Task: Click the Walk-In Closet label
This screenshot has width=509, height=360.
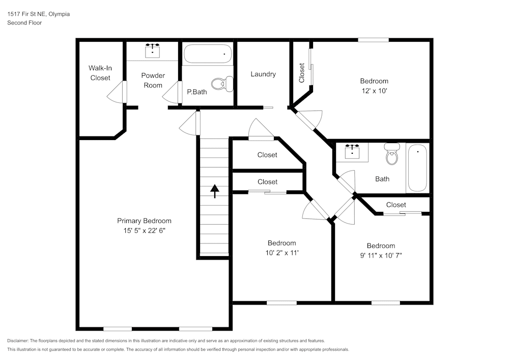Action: coord(100,73)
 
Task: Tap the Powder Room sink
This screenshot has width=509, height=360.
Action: coord(152,50)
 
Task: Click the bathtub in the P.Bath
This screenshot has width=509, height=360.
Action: coord(208,53)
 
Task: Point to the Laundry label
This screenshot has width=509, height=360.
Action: coord(263,74)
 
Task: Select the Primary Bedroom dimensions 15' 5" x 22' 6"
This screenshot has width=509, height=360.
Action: coord(144,230)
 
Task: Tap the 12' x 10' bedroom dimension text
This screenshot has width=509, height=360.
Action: coord(374,90)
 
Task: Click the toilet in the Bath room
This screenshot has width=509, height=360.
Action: coord(391,154)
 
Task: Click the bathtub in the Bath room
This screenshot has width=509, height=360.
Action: coord(417,168)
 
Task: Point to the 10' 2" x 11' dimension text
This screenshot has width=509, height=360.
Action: coord(281,253)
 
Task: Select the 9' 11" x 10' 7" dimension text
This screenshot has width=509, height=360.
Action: coord(381,255)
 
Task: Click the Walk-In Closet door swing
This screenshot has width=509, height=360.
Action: coord(116,92)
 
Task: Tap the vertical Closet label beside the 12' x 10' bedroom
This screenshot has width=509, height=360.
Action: coord(302,73)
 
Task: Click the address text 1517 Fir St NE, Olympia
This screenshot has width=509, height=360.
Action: coord(39,14)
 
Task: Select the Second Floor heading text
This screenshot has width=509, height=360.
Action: coord(24,23)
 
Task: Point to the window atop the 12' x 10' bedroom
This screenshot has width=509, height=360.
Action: coord(373,40)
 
